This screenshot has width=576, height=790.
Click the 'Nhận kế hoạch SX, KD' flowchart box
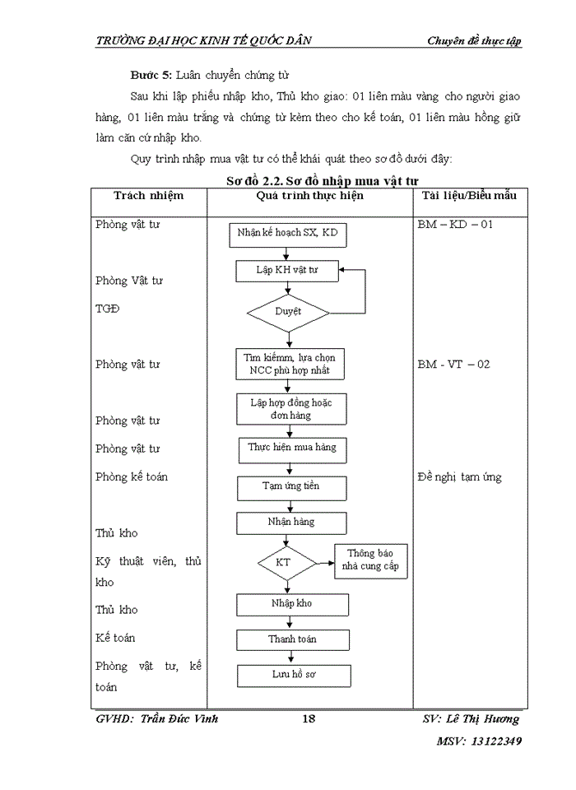[287, 235]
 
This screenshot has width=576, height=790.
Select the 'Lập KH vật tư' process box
[286, 270]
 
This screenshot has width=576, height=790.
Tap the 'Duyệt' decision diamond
[288, 312]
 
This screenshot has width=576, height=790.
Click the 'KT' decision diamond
[286, 563]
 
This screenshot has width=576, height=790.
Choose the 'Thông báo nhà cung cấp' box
[372, 560]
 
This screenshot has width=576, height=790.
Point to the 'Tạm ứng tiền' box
[290, 487]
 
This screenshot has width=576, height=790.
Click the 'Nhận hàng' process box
[290, 523]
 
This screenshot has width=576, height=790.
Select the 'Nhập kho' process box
[290, 604]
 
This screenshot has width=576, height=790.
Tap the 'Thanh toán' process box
[292, 639]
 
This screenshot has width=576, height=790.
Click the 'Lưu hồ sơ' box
[294, 675]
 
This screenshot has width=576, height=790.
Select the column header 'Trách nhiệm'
[149, 196]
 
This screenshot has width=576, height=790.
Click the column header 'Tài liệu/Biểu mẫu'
[469, 196]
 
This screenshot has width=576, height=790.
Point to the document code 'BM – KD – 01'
[455, 224]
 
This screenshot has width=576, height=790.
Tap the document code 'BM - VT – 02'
[453, 364]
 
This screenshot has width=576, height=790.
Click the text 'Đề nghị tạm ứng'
[459, 477]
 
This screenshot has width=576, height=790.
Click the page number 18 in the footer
[309, 719]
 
